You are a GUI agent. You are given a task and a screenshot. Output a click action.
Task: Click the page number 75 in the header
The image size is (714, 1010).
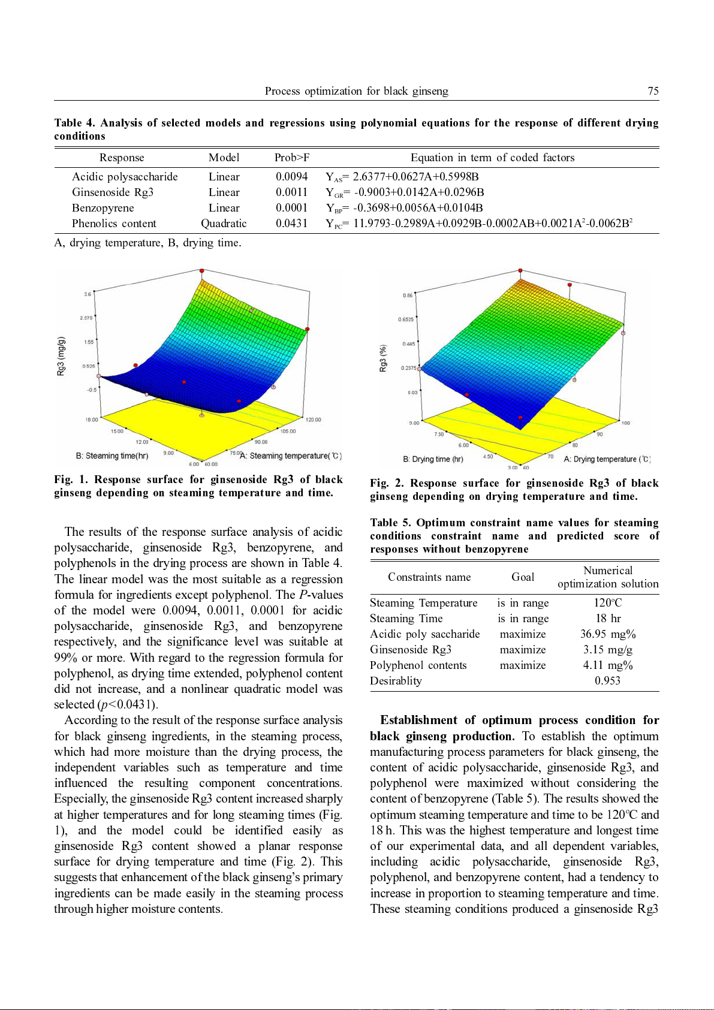[x=653, y=91]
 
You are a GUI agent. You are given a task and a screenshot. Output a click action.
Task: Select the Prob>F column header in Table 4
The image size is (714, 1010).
[x=292, y=158]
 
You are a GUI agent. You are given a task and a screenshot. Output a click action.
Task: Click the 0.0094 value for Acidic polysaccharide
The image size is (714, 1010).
[x=291, y=177]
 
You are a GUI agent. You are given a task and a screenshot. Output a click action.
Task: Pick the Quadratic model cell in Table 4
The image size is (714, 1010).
[x=224, y=224]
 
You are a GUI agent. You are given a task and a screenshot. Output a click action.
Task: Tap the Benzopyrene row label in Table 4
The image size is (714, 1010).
[x=103, y=208]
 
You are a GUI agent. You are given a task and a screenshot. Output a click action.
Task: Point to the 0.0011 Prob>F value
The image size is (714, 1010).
[x=291, y=192]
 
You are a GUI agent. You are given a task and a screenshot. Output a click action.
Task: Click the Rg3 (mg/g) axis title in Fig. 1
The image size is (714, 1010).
[x=61, y=357]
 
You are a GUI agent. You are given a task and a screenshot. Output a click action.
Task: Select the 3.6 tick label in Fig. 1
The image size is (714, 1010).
[x=88, y=294]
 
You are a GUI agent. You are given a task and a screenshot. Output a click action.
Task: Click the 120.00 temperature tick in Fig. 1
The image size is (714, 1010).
[x=313, y=420]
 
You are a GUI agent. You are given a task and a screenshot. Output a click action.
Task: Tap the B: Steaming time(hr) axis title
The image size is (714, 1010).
[x=112, y=456]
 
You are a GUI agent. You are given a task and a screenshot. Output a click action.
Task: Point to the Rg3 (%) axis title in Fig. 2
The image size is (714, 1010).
[x=383, y=358]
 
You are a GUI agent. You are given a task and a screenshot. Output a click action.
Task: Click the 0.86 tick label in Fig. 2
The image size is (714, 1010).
[x=408, y=296]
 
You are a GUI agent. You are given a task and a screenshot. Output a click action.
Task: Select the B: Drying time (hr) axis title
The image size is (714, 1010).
[x=433, y=460]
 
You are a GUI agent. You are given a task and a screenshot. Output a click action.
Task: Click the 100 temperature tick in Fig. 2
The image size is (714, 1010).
[x=625, y=423]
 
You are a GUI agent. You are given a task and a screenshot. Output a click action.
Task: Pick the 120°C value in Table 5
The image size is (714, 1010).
[x=607, y=603]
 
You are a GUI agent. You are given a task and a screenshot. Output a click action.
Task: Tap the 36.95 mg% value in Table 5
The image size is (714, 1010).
[x=607, y=634]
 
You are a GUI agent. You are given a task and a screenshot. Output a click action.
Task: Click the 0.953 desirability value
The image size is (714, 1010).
[x=607, y=681]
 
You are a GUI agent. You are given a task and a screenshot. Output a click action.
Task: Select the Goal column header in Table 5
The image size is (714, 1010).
[x=523, y=577]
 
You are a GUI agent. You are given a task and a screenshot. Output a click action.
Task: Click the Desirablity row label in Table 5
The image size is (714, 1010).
[x=396, y=681]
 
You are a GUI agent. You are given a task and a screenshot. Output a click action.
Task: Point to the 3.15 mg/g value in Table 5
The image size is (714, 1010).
[x=607, y=650]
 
